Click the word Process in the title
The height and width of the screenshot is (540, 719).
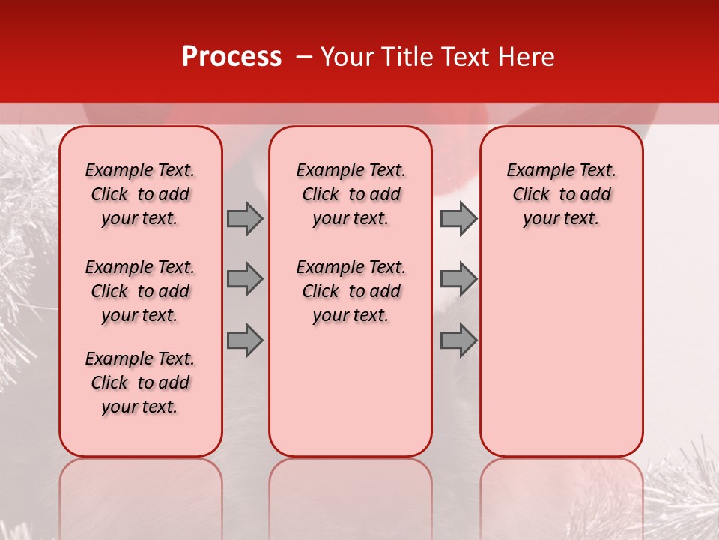tap(231, 57)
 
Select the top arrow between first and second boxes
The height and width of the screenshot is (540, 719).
tap(245, 218)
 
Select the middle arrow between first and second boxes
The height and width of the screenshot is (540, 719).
tap(245, 280)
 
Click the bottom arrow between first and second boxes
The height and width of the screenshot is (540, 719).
tap(245, 340)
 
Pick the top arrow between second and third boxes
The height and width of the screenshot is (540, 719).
tap(458, 218)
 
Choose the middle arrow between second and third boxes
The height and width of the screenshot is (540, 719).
tap(458, 280)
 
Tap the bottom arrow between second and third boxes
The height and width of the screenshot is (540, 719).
tap(458, 340)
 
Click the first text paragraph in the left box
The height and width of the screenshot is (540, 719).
tap(140, 194)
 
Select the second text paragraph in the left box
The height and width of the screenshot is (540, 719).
tap(140, 291)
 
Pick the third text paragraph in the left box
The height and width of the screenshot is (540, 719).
tap(140, 382)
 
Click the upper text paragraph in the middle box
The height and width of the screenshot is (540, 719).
tap(351, 194)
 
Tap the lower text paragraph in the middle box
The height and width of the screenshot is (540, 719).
tap(351, 291)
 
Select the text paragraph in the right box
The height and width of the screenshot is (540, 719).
tap(561, 194)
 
